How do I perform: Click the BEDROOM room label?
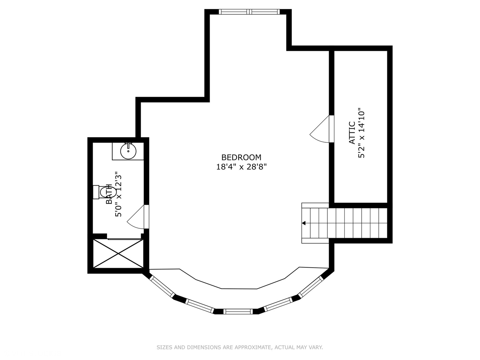click(x=241, y=157)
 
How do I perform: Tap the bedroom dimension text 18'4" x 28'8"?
click(x=241, y=167)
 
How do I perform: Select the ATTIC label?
click(x=352, y=133)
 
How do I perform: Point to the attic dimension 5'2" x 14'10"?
click(x=361, y=133)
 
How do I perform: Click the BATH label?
click(x=109, y=194)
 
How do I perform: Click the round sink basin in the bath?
click(x=128, y=151)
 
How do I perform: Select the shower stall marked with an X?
click(x=118, y=254)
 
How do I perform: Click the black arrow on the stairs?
click(x=304, y=223)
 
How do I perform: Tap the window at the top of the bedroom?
click(x=249, y=12)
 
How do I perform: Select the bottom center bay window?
click(x=238, y=311)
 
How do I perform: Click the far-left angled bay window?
click(x=162, y=287)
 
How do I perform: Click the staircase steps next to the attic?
click(x=344, y=223)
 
